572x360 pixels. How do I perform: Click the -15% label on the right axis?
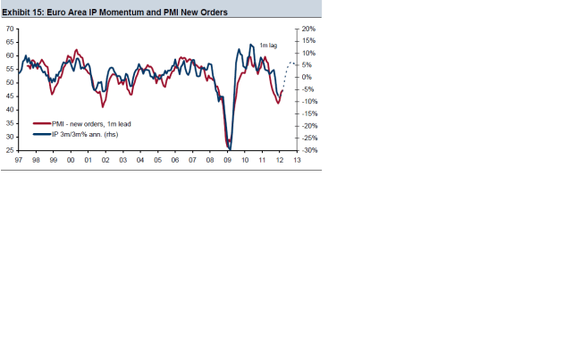(309, 113)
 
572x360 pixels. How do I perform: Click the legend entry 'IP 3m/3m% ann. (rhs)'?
(85, 134)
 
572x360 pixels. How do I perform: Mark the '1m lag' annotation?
(268, 45)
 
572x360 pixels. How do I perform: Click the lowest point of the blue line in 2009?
(230, 148)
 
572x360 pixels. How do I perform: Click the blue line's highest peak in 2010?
(249, 45)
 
